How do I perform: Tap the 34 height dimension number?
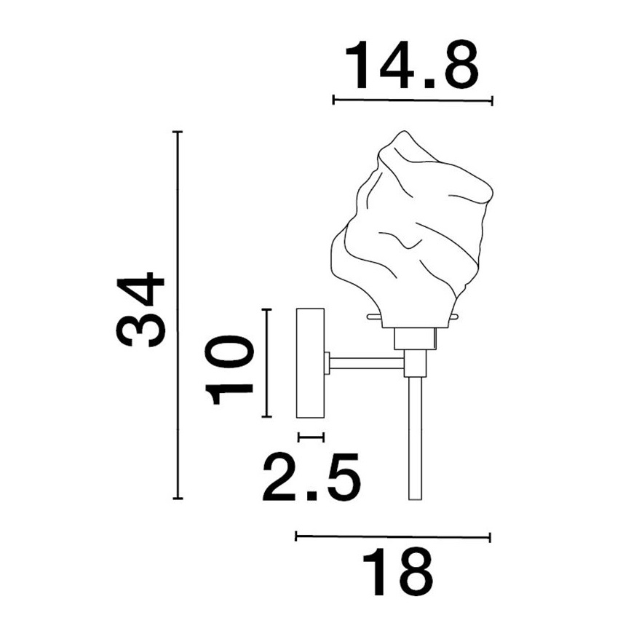click(142, 311)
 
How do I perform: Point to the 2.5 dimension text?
click(311, 477)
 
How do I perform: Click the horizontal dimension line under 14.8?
click(412, 100)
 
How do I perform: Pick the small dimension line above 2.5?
click(311, 437)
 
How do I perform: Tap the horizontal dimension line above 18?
click(393, 537)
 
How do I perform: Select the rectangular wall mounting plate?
click(310, 362)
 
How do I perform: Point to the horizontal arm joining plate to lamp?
click(368, 361)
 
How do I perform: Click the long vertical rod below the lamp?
click(416, 437)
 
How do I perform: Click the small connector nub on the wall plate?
click(328, 362)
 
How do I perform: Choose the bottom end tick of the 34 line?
click(177, 499)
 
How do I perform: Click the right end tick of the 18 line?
click(490, 537)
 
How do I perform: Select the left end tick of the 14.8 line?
click(333, 100)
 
